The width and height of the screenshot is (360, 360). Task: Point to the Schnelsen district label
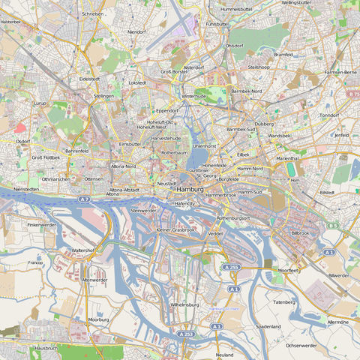point(92,13)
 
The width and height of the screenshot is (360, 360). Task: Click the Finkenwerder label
point(42,224)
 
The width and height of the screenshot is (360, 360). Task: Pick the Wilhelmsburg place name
point(184,305)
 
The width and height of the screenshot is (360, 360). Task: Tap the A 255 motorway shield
point(231,267)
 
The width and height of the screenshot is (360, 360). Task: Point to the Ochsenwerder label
point(304,346)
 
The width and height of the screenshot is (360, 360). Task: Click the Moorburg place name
point(99,319)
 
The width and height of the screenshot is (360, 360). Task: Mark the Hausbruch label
point(46,348)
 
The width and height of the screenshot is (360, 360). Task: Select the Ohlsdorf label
point(235,45)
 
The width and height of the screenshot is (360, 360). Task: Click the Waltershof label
point(82,250)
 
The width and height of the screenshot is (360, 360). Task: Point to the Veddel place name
point(215,233)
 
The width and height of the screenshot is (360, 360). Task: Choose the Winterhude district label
point(193,96)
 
